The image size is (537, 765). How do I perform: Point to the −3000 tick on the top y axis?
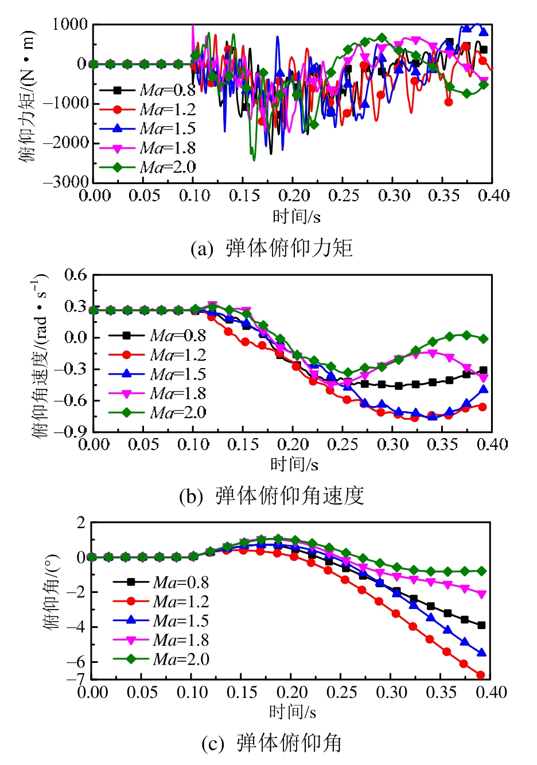[69, 181]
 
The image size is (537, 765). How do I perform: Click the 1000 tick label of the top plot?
[70, 25]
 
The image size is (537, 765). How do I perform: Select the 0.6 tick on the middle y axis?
[75, 275]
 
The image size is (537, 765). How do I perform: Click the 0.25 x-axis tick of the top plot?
[344, 196]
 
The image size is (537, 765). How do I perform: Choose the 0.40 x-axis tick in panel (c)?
[491, 693]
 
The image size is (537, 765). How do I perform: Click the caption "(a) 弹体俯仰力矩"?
[271, 248]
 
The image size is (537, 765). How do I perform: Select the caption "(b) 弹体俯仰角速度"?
[271, 496]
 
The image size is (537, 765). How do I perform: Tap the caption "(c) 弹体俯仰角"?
[271, 743]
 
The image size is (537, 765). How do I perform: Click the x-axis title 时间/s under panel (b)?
[294, 464]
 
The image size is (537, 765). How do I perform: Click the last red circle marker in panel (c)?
[481, 675]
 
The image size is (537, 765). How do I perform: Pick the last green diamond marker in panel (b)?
[484, 339]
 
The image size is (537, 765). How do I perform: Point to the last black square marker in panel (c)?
[481, 625]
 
